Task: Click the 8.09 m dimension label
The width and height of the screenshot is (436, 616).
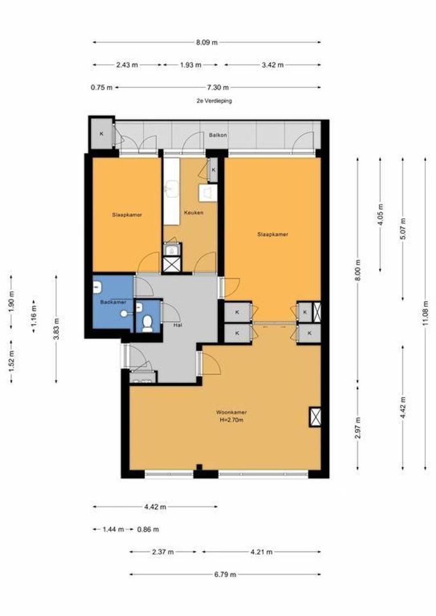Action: (x=207, y=42)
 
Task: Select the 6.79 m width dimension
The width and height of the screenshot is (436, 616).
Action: (x=225, y=574)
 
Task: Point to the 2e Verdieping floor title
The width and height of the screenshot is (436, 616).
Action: (x=214, y=101)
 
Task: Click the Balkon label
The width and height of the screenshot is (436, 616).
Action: (x=218, y=135)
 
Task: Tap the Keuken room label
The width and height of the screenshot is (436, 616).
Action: (x=194, y=213)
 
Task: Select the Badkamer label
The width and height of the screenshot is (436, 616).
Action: (x=113, y=302)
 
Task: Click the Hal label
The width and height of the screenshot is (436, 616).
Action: (x=177, y=325)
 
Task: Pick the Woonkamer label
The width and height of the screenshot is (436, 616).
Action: (x=232, y=412)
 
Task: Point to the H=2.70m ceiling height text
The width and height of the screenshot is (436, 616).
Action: (x=232, y=420)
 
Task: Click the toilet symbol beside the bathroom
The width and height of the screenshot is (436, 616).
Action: (x=147, y=323)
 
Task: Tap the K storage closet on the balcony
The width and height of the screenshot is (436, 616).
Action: (x=102, y=134)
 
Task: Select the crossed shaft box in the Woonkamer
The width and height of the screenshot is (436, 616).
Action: (x=316, y=417)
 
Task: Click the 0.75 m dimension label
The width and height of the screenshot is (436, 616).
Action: (x=102, y=88)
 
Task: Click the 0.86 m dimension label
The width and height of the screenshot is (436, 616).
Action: (x=148, y=529)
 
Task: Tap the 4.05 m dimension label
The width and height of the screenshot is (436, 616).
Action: (x=380, y=214)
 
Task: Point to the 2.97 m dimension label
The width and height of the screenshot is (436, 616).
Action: (x=358, y=428)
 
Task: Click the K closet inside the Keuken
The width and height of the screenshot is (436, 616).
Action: (x=213, y=170)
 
